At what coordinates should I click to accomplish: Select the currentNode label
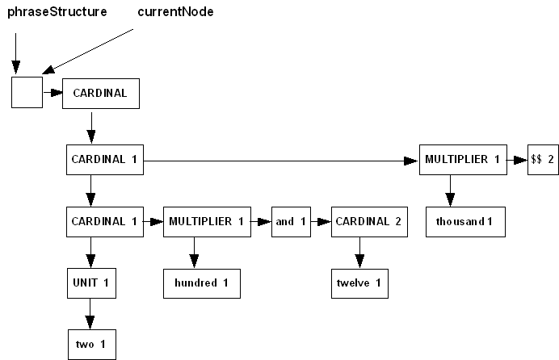pyautogui.click(x=175, y=13)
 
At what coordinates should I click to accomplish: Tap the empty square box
pyautogui.click(x=27, y=93)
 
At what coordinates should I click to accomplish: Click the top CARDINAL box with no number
pyautogui.click(x=100, y=93)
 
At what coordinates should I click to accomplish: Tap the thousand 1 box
pyautogui.click(x=464, y=221)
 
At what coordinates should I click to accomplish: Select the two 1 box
pyautogui.click(x=90, y=345)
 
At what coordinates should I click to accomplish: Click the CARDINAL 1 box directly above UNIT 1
pyautogui.click(x=104, y=221)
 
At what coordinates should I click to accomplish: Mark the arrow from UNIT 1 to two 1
pyautogui.click(x=90, y=314)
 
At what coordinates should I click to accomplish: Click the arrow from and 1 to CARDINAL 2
pyautogui.click(x=321, y=221)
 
